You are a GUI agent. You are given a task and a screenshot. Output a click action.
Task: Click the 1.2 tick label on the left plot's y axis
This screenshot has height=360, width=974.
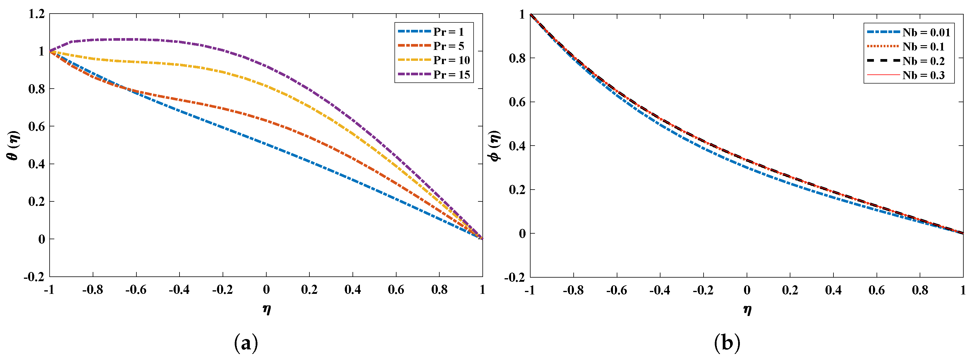(x=37, y=14)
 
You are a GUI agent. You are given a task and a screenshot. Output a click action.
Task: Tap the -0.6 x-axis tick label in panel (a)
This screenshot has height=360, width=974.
(x=136, y=290)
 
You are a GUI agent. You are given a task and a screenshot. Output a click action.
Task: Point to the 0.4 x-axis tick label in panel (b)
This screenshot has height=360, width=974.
(x=833, y=290)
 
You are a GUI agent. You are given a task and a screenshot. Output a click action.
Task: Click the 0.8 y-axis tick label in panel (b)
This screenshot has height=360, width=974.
(x=517, y=58)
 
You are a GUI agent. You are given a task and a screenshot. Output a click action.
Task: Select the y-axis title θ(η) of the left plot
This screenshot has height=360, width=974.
(x=14, y=145)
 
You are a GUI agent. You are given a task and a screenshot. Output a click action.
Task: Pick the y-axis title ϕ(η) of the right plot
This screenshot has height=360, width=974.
(x=495, y=146)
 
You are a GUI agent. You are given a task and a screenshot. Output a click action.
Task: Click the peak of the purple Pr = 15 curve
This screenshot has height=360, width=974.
(x=125, y=39)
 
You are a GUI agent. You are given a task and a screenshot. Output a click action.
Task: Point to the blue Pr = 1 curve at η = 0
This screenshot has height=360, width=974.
(x=266, y=144)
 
